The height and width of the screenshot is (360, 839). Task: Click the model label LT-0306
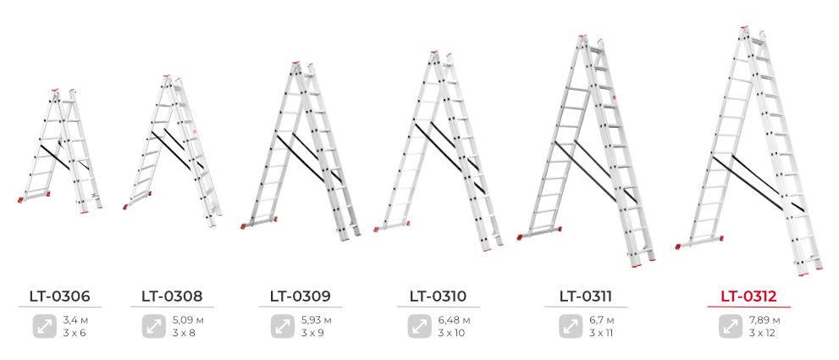pos(60,296)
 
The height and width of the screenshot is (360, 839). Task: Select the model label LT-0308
pos(173,296)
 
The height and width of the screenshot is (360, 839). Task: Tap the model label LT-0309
pos(301,296)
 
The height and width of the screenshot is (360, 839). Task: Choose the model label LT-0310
pos(439,296)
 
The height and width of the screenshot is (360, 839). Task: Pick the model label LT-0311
pos(586,296)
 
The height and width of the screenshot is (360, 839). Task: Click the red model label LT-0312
pos(748,296)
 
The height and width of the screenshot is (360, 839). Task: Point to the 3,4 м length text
pos(75,321)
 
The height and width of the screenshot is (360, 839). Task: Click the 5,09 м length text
pos(188,321)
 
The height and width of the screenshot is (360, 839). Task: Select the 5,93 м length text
pos(317,321)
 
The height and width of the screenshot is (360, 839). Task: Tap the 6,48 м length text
pos(454,321)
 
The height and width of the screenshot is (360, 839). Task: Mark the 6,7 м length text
pos(601,321)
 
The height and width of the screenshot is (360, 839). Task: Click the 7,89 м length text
pos(764,321)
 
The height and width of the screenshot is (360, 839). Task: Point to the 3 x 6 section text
pos(75,333)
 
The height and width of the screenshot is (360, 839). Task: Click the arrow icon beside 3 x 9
pos(283,326)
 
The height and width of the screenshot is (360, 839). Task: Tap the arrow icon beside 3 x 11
pos(571,326)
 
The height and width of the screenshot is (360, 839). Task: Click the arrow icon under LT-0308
pos(154,326)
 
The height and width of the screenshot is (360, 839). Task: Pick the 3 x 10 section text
pos(451,333)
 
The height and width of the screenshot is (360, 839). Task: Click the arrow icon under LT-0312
pos(731,326)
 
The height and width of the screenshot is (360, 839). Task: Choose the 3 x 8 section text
pos(184,333)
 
